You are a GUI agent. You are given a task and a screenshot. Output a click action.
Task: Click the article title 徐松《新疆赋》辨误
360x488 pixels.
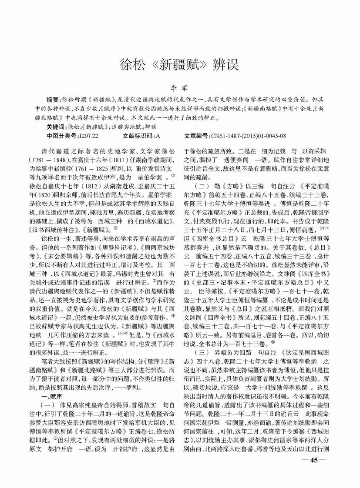[179, 66]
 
